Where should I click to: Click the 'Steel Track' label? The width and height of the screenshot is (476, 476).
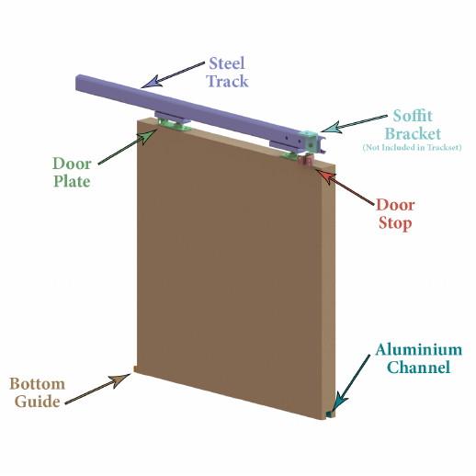(x=227, y=73)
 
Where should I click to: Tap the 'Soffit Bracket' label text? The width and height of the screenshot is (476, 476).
(x=413, y=125)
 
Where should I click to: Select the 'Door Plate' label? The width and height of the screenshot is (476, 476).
(x=72, y=172)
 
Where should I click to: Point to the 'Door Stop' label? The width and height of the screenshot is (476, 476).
(x=395, y=214)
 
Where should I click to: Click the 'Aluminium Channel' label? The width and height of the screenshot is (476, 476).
(x=419, y=358)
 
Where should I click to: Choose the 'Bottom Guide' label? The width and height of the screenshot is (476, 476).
(x=37, y=392)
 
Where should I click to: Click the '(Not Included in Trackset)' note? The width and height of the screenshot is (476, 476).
(x=412, y=147)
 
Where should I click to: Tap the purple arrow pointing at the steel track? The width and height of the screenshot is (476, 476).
(x=174, y=74)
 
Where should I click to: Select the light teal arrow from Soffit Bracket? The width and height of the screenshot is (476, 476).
(x=354, y=124)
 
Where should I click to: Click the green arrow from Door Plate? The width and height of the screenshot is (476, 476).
(x=128, y=146)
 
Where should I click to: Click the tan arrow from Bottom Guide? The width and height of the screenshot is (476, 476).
(x=98, y=388)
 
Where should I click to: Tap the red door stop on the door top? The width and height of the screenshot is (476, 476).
(x=305, y=160)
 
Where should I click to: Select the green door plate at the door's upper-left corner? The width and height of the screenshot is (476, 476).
(x=174, y=125)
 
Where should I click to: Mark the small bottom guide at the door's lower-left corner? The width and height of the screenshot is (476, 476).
(x=134, y=368)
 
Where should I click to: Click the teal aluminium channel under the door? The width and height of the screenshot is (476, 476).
(x=330, y=414)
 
